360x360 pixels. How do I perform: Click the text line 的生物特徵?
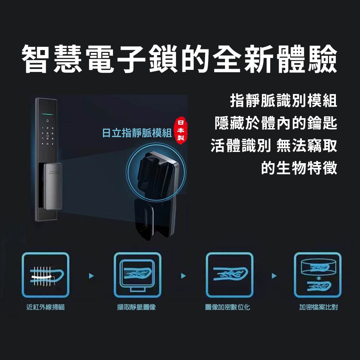[299, 167]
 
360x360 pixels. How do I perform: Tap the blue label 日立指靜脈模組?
[136, 133]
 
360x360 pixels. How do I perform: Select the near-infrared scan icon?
[45, 275]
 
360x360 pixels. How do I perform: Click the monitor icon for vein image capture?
[137, 275]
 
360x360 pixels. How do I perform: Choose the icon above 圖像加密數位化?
[229, 275]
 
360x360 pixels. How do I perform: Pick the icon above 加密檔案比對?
[318, 275]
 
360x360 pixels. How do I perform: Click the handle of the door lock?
[53, 185]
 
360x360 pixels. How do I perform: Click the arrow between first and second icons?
[91, 276]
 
